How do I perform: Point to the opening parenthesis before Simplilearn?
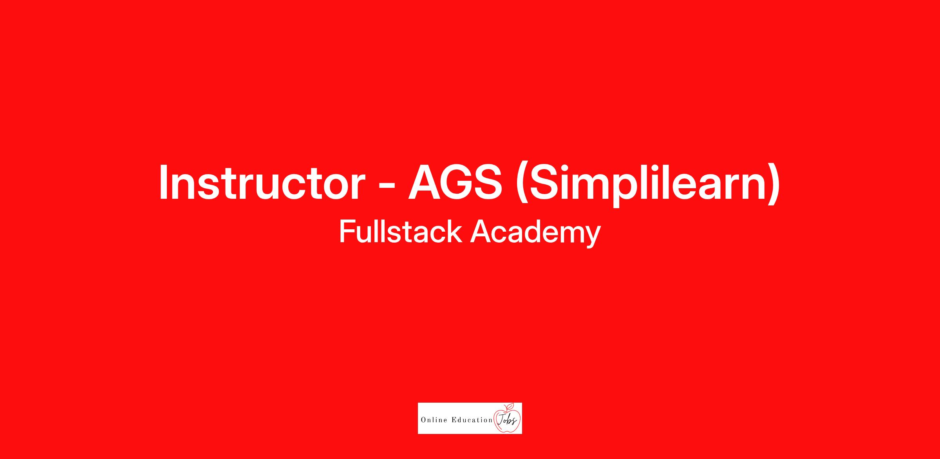coord(522,184)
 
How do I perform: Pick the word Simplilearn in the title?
coord(647,184)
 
